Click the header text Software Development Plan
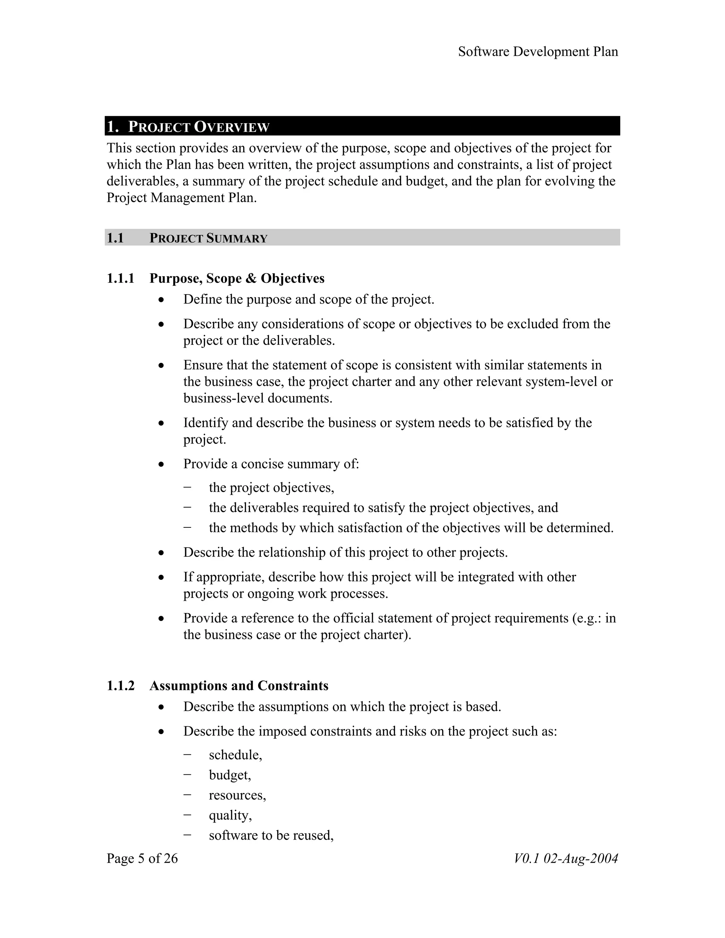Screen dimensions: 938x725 pyautogui.click(x=538, y=52)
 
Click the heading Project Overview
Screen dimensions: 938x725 pyautogui.click(x=199, y=127)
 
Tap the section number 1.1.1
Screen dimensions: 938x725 pyautogui.click(x=121, y=279)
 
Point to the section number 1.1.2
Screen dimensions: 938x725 pyautogui.click(x=121, y=686)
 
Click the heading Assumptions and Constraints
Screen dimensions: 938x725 pyautogui.click(x=239, y=686)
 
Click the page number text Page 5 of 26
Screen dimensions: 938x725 pyautogui.click(x=142, y=859)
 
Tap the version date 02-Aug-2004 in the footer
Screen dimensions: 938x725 pyautogui.click(x=581, y=859)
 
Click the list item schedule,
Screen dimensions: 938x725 pyautogui.click(x=235, y=755)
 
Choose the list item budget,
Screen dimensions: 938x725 pyautogui.click(x=230, y=775)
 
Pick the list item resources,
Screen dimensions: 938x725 pyautogui.click(x=238, y=795)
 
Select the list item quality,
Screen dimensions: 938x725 pyautogui.click(x=230, y=816)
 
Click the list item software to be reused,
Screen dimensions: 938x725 pyautogui.click(x=272, y=835)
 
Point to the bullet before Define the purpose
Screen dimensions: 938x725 pyautogui.click(x=161, y=300)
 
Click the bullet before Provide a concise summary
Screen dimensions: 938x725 pyautogui.click(x=161, y=464)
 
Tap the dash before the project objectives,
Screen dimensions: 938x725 pyautogui.click(x=187, y=487)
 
